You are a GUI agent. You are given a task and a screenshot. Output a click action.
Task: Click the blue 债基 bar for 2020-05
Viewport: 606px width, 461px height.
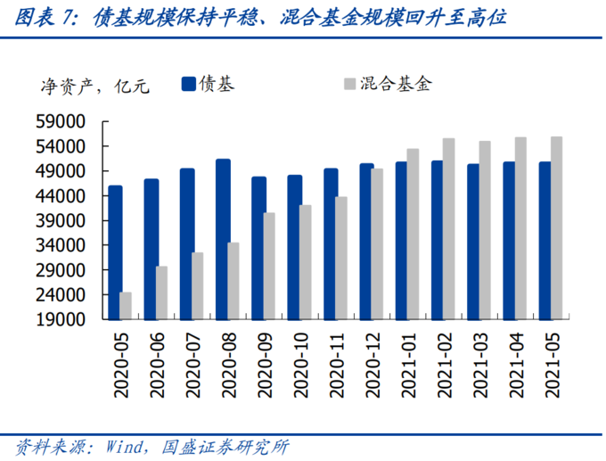coord(115,252)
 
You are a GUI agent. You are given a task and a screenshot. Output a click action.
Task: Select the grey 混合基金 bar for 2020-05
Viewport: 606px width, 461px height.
coord(127,305)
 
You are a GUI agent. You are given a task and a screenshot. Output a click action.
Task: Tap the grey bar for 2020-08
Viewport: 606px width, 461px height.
coord(233,281)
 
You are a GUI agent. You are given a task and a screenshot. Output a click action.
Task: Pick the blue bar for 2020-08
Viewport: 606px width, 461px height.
coord(222,239)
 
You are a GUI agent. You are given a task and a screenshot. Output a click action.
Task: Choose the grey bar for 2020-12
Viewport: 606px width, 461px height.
coord(377,243)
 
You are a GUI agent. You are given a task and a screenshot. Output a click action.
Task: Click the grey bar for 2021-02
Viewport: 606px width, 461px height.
coord(448,228)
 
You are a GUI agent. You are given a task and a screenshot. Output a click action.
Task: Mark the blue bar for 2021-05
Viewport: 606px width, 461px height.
coord(545,240)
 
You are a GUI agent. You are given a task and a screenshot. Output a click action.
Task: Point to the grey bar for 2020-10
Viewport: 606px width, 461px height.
coord(305,261)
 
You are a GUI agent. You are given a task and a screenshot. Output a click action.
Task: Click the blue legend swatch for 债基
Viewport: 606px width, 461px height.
coord(188,84)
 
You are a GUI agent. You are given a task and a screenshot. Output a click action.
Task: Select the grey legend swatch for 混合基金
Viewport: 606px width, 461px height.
coord(348,84)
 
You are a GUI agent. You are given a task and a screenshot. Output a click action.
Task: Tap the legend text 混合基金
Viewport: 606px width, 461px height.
coord(396,84)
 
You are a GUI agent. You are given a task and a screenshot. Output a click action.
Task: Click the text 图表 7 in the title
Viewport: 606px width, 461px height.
coord(45,17)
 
